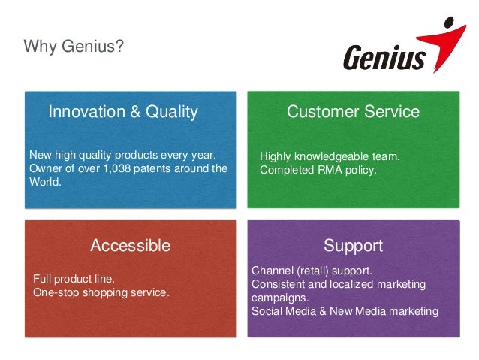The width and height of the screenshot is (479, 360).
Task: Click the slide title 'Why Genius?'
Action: click(x=74, y=48)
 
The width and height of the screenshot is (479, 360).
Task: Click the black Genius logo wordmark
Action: click(x=384, y=59)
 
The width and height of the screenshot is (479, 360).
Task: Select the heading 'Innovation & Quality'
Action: click(x=123, y=113)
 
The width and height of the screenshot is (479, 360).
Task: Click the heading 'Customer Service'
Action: click(x=353, y=113)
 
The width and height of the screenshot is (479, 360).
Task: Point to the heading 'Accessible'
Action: click(x=130, y=246)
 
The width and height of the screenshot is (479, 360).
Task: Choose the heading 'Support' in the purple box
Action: click(x=353, y=246)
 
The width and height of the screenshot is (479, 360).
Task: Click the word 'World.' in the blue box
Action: click(x=44, y=181)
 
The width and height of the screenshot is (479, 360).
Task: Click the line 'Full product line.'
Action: click(x=79, y=279)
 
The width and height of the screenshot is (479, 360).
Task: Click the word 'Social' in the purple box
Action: click(x=267, y=311)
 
